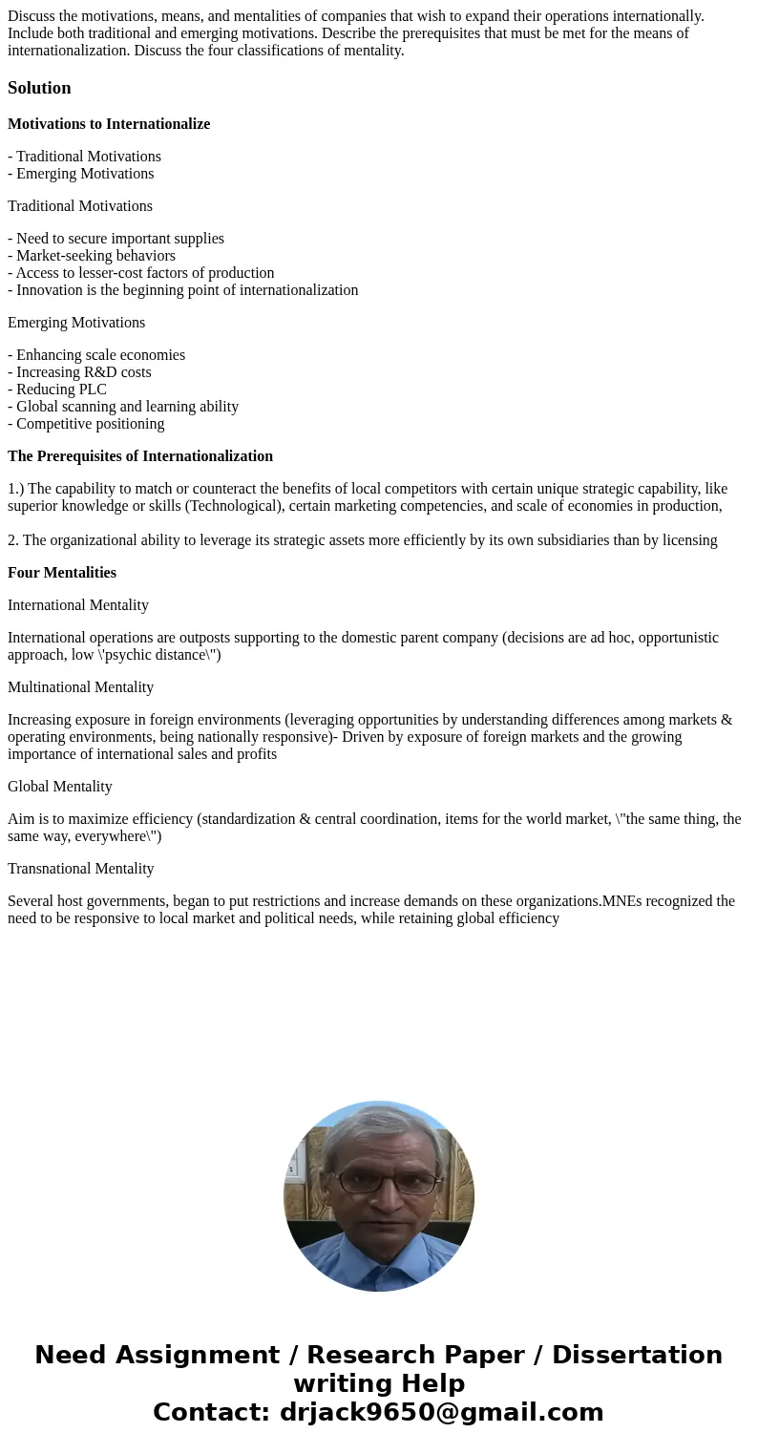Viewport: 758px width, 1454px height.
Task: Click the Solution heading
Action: [x=39, y=88]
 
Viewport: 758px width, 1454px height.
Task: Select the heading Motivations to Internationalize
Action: [x=109, y=124]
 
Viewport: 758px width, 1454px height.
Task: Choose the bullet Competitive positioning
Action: [x=86, y=424]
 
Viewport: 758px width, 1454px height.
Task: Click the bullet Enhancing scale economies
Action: [x=96, y=355]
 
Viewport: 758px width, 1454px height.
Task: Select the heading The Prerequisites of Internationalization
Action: [x=140, y=456]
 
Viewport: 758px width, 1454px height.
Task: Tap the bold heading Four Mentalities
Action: [x=62, y=573]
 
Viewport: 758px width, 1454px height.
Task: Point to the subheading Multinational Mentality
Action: [x=80, y=687]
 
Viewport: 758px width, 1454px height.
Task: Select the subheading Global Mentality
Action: [x=60, y=787]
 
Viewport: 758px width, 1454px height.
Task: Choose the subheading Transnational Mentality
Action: [x=80, y=869]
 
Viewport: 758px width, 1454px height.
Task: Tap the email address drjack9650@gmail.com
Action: [x=441, y=1412]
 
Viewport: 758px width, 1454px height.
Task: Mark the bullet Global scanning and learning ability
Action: [x=123, y=407]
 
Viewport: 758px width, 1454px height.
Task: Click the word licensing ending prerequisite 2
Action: [x=686, y=540]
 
